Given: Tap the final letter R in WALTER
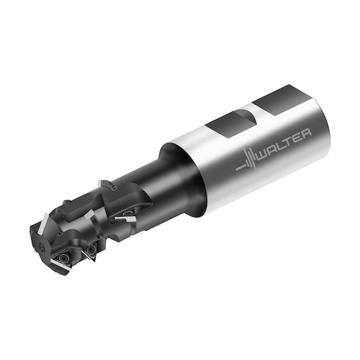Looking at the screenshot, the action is pyautogui.click(x=306, y=134).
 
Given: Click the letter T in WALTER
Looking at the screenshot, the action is pyautogui.click(x=288, y=143).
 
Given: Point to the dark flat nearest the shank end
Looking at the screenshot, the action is pyautogui.click(x=282, y=100).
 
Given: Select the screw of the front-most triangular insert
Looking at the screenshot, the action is pyautogui.click(x=62, y=258).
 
